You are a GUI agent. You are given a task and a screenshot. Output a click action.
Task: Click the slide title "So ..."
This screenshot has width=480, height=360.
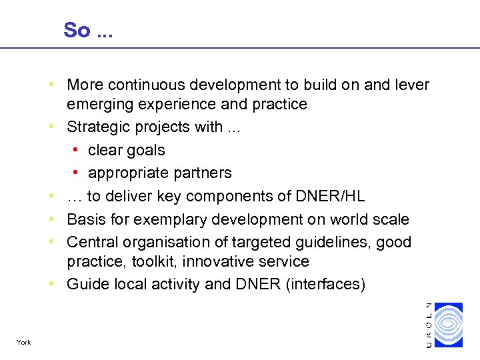(88, 30)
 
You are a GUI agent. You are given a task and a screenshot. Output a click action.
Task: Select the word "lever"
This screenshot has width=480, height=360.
(412, 85)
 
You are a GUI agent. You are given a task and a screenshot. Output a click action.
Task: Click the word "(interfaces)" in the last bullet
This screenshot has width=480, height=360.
(326, 285)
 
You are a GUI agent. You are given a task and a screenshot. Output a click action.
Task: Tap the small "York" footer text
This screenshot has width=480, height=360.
(24, 343)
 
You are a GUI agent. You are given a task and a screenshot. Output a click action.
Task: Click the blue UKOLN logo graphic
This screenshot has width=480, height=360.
(447, 325)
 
